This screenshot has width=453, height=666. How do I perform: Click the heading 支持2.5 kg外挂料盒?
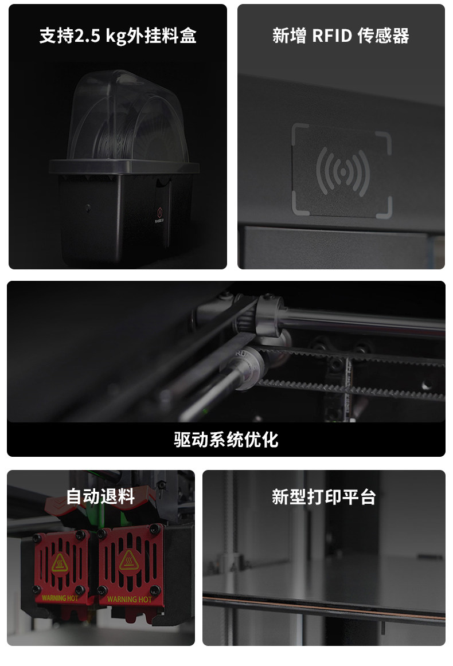tap(118, 36)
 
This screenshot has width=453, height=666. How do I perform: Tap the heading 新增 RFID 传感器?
tap(341, 36)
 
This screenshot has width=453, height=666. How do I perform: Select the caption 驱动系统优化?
tap(226, 440)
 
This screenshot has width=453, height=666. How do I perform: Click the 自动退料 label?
tap(101, 496)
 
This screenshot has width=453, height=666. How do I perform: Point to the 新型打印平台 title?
tap(324, 496)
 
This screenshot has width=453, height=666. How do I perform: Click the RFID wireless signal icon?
tap(342, 171)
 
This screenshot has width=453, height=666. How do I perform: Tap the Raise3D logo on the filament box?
tap(159, 214)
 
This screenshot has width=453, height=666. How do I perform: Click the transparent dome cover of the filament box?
tap(127, 117)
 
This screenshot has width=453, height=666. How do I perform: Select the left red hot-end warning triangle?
tap(60, 563)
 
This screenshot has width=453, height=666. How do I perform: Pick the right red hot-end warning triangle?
tap(128, 561)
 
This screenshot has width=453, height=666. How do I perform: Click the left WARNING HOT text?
tap(60, 598)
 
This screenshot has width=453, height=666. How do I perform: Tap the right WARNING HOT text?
tap(129, 600)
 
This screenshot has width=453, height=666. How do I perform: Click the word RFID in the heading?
tap(332, 36)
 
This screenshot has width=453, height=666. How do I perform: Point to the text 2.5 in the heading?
tap(88, 36)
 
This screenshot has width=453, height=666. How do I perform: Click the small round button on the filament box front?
tap(88, 208)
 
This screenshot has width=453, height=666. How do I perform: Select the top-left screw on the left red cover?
tap(37, 539)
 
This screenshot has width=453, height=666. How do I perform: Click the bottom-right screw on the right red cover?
tap(155, 590)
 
